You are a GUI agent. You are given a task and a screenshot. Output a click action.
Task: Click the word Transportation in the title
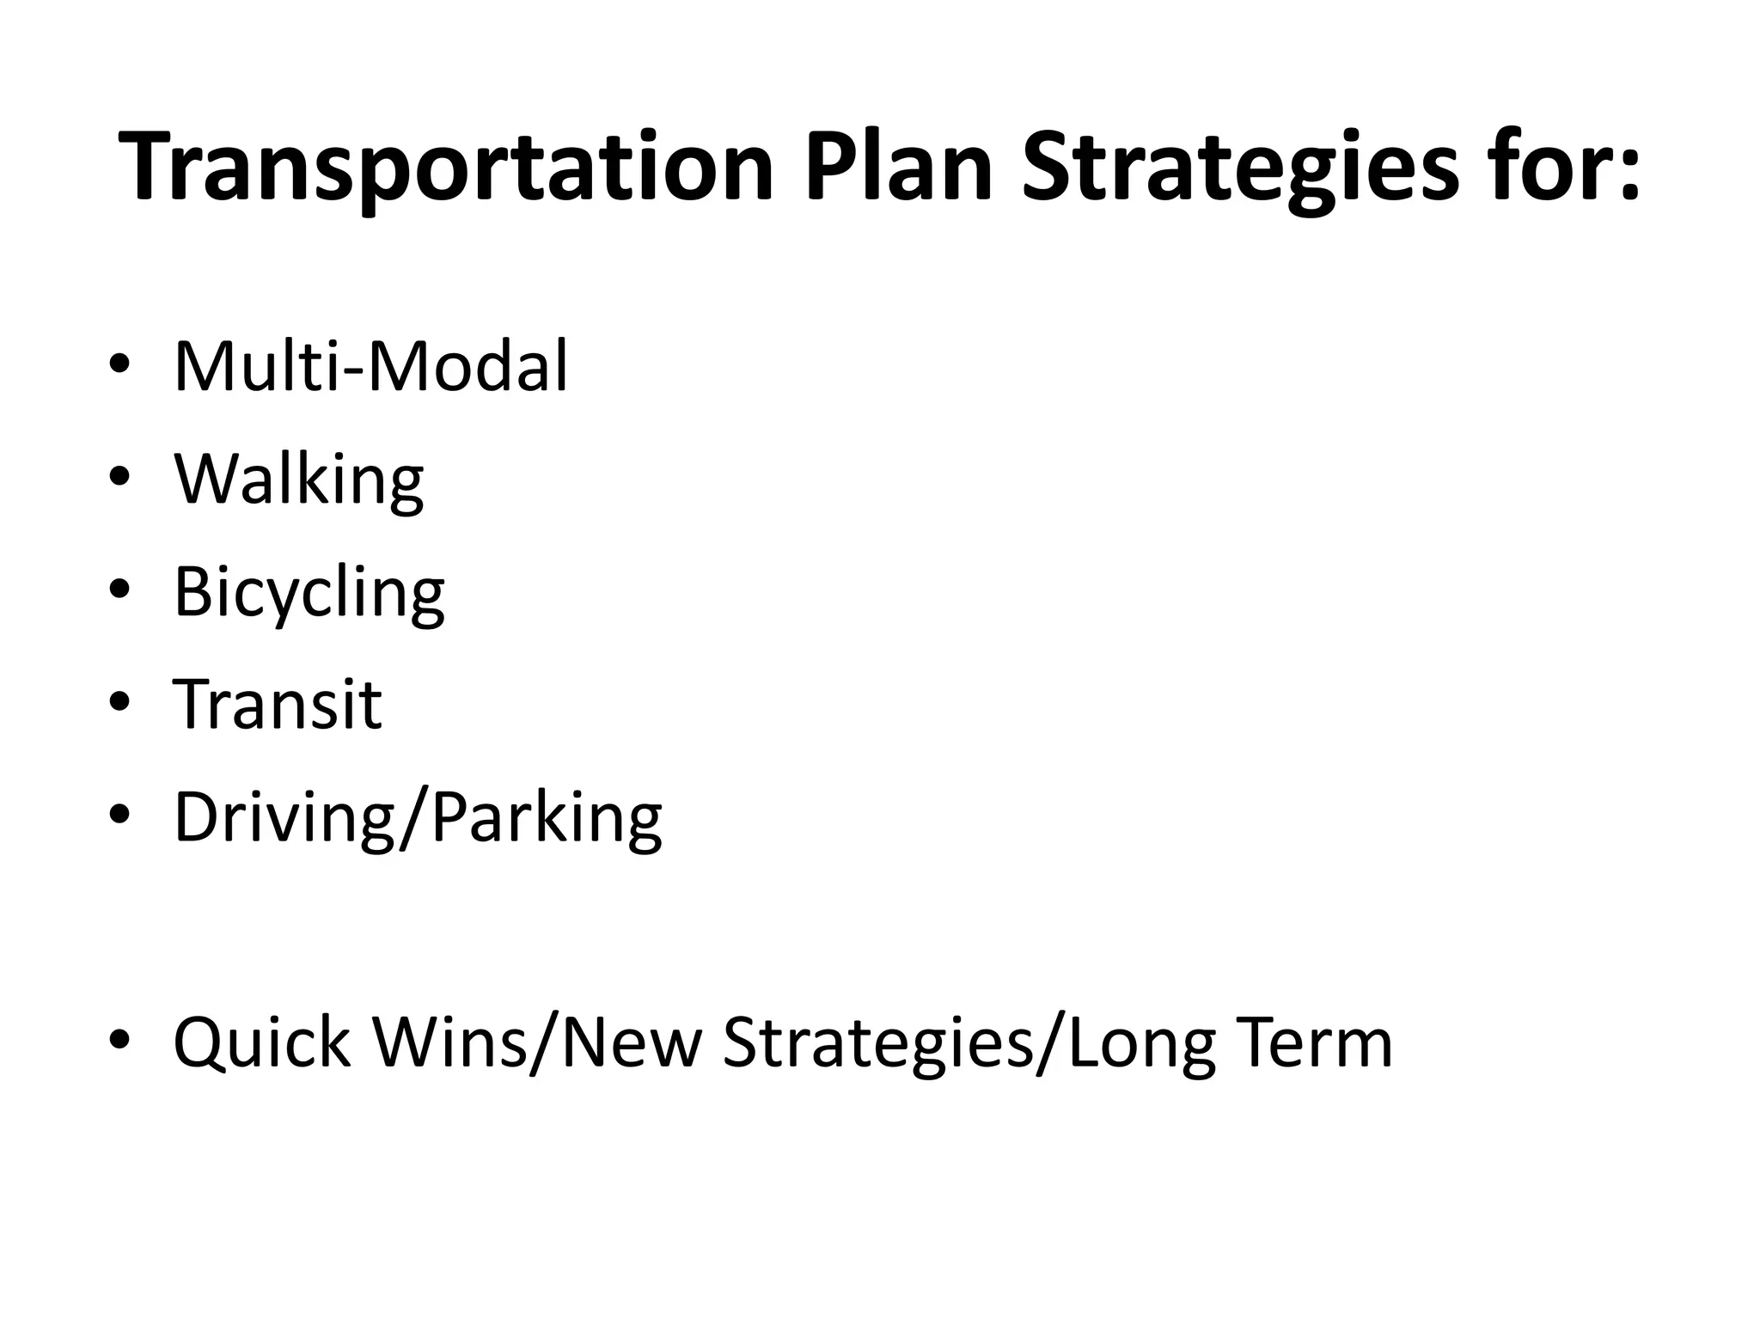(x=447, y=168)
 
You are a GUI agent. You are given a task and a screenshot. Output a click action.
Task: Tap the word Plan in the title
(x=898, y=168)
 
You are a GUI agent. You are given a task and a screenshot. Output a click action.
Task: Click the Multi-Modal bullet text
(x=370, y=367)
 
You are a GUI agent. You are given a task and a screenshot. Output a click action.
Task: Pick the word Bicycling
(x=309, y=592)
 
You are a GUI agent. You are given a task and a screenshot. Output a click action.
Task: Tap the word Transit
(x=277, y=705)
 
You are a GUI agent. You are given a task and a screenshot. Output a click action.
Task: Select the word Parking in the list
(x=547, y=817)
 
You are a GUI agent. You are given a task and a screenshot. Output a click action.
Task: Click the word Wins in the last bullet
(x=449, y=1042)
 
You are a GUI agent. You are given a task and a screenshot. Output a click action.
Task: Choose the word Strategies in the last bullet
(x=877, y=1042)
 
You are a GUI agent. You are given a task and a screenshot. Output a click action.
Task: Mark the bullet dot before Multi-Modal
(x=119, y=366)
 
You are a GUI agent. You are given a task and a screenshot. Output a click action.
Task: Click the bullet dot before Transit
(x=119, y=704)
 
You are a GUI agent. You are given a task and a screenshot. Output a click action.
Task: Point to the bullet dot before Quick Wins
(x=119, y=1042)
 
